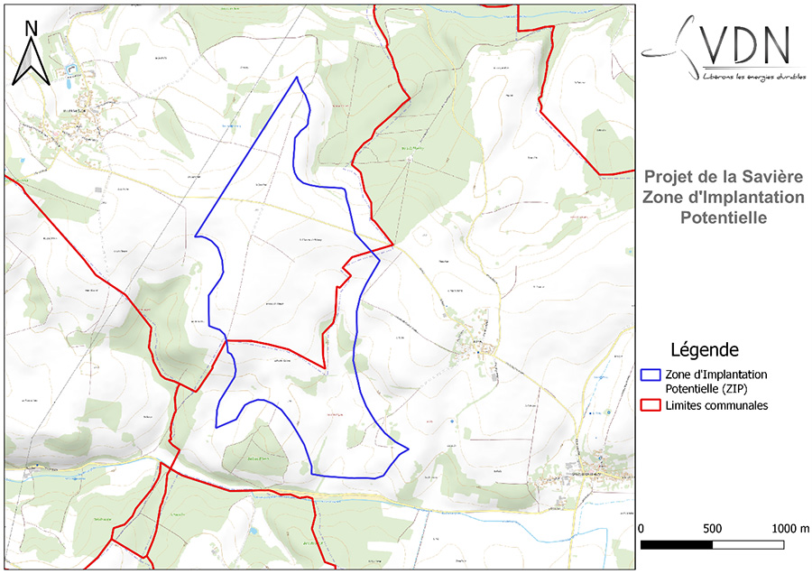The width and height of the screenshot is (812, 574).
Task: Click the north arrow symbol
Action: (x=30, y=62)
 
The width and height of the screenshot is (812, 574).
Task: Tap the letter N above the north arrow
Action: (x=31, y=28)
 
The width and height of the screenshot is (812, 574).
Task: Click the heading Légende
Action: (x=705, y=349)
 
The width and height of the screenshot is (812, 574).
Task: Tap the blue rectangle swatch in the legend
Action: (x=651, y=375)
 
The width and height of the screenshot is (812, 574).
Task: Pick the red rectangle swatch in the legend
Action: (x=651, y=406)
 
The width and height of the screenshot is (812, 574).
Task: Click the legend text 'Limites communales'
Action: (x=716, y=406)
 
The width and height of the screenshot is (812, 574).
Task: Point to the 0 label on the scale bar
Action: (x=641, y=528)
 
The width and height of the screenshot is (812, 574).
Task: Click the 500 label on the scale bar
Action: (x=712, y=528)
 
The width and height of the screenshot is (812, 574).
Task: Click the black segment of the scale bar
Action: (x=677, y=545)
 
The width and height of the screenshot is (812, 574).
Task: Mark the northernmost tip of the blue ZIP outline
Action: (x=297, y=78)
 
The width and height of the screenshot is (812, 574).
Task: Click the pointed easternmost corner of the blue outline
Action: (x=410, y=449)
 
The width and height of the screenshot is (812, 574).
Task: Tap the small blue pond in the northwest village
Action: (x=69, y=69)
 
